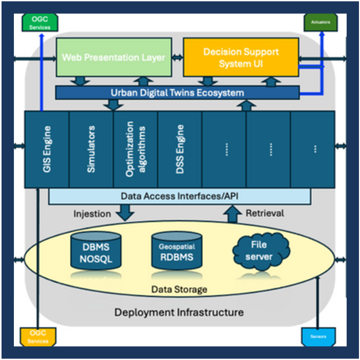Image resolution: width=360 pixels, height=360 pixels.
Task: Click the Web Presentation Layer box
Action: [113, 56]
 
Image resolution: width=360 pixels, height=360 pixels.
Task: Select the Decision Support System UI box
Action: [241, 56]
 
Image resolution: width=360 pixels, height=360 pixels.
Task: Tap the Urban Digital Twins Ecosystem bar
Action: [177, 93]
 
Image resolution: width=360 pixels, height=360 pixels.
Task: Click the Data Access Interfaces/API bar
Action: [180, 196]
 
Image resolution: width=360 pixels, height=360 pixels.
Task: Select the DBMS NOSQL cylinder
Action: [96, 252]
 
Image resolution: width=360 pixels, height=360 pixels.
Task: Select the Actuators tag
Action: [320, 23]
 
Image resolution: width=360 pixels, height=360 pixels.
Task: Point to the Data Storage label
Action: [179, 290]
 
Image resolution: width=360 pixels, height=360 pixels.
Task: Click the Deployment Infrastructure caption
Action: [179, 312]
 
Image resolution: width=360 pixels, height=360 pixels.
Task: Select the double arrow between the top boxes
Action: [177, 56]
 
